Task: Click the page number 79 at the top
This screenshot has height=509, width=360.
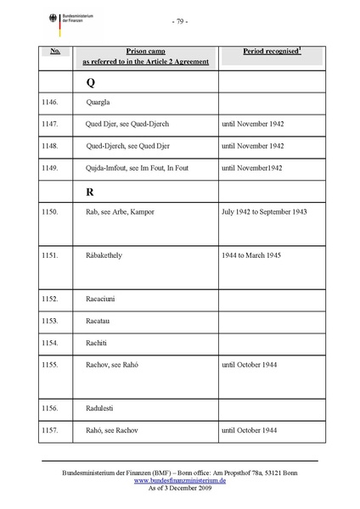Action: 179,20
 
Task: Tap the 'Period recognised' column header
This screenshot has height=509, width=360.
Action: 271,52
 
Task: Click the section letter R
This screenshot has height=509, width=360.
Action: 90,192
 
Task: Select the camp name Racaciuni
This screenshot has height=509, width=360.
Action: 104,299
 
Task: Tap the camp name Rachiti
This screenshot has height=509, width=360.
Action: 100,343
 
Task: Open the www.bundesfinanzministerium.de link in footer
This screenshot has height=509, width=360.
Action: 179,480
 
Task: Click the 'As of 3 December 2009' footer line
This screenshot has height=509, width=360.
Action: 179,489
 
